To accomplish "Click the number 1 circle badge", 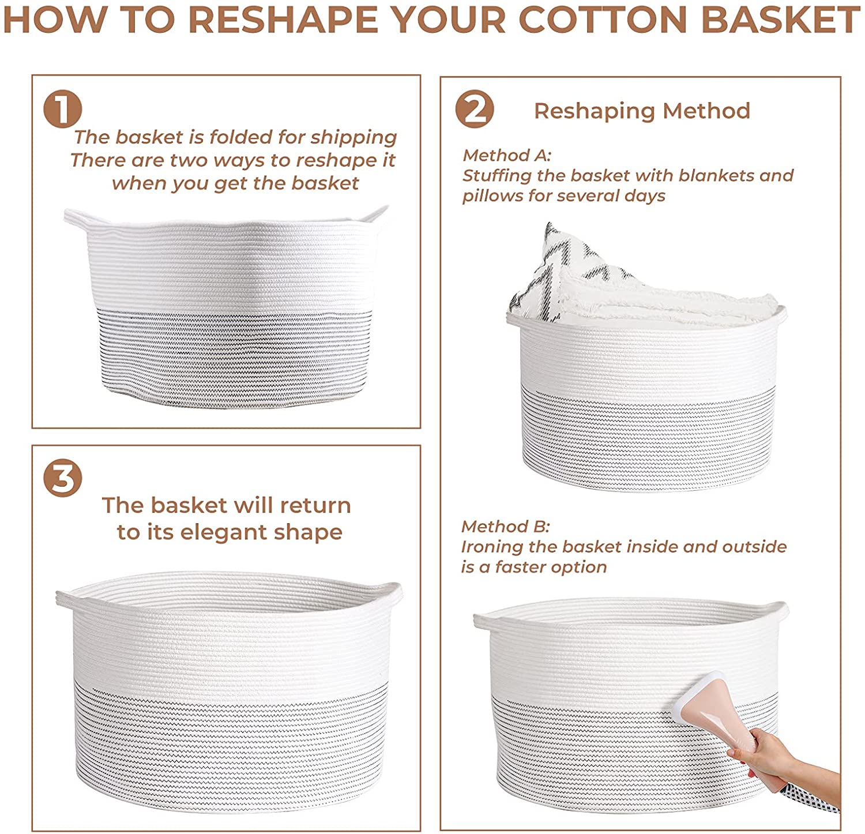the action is (x=62, y=110).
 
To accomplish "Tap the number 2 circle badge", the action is (x=475, y=110).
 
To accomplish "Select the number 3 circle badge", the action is (x=62, y=478).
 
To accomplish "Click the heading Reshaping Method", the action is (x=642, y=111).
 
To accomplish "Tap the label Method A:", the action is (x=507, y=155).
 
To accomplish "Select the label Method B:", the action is (x=506, y=526).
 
